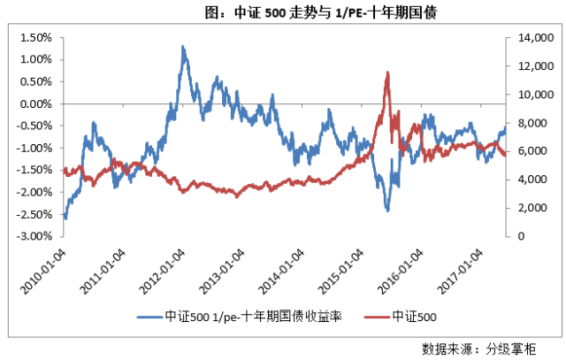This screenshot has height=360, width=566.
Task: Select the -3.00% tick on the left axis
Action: coord(37,236)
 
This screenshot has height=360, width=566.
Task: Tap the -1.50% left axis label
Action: coord(37,170)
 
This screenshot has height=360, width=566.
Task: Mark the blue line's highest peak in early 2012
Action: coord(182,46)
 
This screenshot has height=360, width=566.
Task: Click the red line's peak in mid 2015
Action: coord(387,73)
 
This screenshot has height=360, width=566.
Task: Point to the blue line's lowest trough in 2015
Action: coord(386,211)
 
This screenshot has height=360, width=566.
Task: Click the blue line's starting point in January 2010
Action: coord(65,218)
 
